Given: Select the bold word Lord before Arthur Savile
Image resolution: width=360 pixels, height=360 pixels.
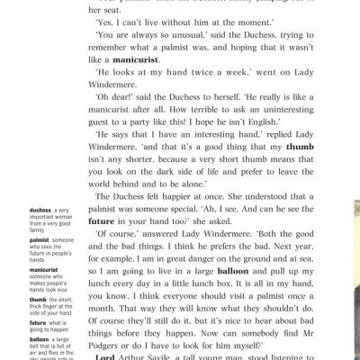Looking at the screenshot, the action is [107, 356].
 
